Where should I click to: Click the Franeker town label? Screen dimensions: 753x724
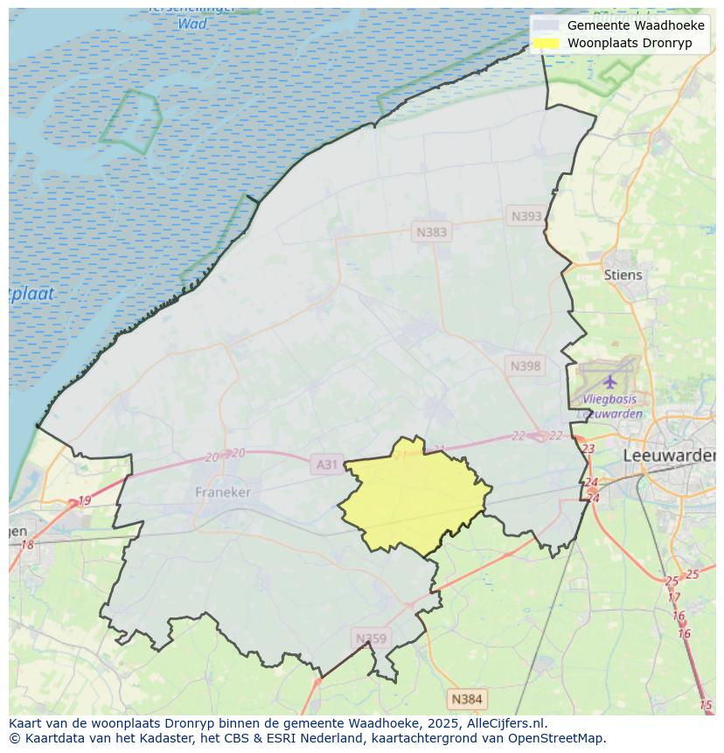pos(222,492)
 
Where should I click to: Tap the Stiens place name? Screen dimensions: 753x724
pos(623,275)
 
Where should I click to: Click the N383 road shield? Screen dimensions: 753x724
pos(431,232)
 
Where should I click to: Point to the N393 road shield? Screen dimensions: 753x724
pos(526,216)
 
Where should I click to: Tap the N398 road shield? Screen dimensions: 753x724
pos(526,366)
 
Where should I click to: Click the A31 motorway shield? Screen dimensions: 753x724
pos(326,464)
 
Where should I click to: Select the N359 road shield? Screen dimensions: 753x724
pos(370,638)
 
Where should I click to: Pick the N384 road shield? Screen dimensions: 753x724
pos(466,699)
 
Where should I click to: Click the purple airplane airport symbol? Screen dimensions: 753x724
pos(609,381)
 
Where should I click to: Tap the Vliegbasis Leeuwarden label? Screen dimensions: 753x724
pos(612,407)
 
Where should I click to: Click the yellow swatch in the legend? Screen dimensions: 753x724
pos(546,43)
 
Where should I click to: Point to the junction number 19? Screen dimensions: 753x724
pos(84,501)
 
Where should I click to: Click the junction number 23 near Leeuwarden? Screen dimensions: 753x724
pos(588,449)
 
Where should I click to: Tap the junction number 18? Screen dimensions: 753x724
pos(27,545)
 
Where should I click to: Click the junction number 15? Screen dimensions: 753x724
pos(706,705)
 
